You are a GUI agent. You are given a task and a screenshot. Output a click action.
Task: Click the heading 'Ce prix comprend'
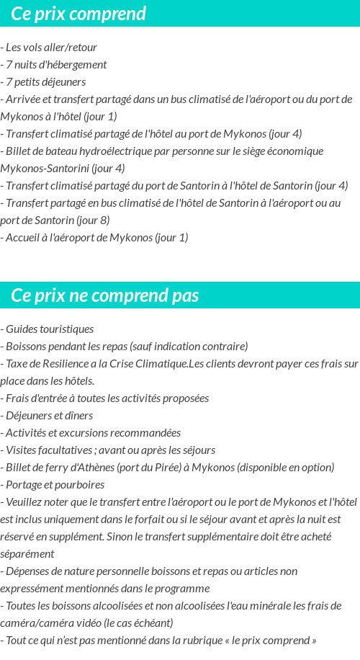(78, 14)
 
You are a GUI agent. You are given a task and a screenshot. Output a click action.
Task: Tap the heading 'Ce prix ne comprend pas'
(105, 295)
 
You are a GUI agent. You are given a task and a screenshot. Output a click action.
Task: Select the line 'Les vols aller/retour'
(51, 48)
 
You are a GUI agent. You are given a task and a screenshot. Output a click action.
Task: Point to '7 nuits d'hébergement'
(56, 65)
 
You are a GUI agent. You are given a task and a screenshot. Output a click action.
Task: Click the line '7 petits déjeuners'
(45, 82)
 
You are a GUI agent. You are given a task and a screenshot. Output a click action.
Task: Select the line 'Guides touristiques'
(50, 329)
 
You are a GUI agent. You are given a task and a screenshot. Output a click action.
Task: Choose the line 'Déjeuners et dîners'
(49, 416)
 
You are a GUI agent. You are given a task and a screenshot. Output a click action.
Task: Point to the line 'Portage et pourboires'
(55, 485)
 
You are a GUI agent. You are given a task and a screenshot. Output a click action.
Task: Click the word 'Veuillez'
(25, 502)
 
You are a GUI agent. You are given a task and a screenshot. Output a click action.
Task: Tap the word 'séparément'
(27, 554)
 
